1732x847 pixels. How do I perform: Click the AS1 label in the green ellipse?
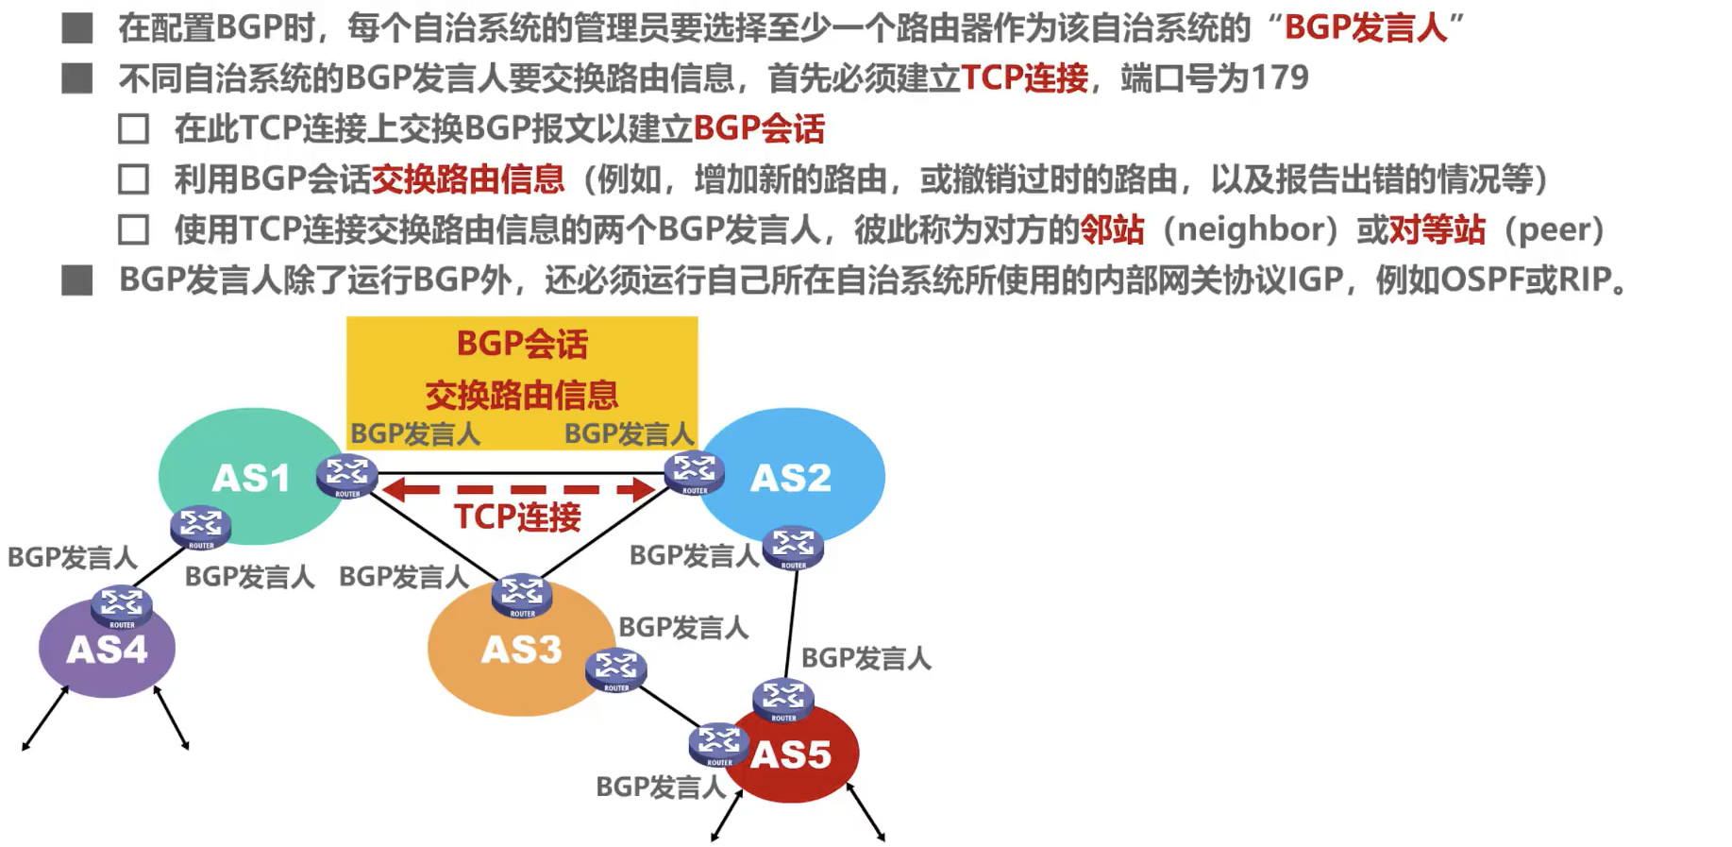(x=251, y=478)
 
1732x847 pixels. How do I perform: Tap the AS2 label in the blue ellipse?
(x=791, y=478)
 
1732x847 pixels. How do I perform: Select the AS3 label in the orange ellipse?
(x=521, y=650)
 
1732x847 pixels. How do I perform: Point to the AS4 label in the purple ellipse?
(x=108, y=650)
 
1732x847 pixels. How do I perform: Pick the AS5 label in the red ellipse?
(x=791, y=754)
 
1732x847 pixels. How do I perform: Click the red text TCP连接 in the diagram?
(x=517, y=517)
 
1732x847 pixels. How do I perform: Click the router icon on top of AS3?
(x=522, y=596)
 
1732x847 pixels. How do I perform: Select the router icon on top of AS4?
(x=122, y=607)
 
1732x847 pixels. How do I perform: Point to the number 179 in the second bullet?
(x=1280, y=77)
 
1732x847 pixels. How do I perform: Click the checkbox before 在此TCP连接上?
(x=134, y=128)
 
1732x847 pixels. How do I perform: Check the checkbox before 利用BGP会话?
(x=134, y=178)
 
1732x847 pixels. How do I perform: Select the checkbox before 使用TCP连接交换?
(x=134, y=229)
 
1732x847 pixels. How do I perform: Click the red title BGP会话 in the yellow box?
(x=522, y=344)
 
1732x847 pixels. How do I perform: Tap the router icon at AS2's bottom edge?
(x=793, y=548)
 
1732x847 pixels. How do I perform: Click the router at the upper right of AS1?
(x=347, y=476)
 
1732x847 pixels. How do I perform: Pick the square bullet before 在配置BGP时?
(x=77, y=28)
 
